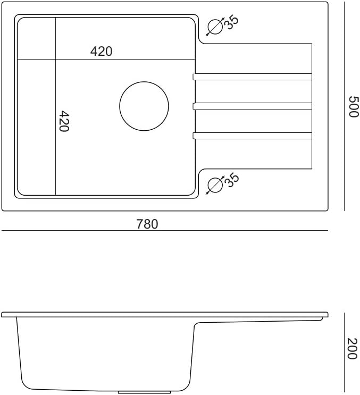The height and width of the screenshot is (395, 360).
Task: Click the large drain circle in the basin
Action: [144, 82]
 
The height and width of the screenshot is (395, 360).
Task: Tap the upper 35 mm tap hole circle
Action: [215, 19]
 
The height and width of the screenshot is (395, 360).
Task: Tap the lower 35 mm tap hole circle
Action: [215, 178]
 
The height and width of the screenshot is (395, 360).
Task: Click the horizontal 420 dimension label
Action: [101, 52]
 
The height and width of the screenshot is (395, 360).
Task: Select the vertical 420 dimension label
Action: [63, 121]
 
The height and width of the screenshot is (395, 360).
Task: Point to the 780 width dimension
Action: [147, 224]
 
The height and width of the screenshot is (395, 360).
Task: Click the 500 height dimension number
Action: [353, 106]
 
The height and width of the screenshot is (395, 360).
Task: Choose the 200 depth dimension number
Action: [352, 348]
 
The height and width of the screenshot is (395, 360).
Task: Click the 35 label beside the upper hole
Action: [231, 23]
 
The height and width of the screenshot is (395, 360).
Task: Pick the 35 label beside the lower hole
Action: [231, 180]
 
